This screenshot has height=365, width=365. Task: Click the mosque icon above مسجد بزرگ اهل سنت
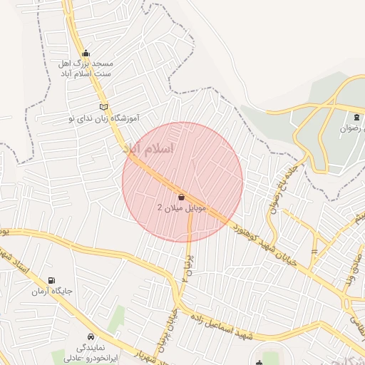click(x=86, y=52)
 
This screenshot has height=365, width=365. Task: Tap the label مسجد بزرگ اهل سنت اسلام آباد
click(x=86, y=68)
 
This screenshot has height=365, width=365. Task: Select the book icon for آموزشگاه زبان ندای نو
click(x=104, y=107)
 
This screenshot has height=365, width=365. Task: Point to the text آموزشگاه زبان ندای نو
click(x=103, y=117)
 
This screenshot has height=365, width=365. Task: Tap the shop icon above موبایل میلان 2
click(x=181, y=197)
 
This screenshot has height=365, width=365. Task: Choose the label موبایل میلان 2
click(x=181, y=207)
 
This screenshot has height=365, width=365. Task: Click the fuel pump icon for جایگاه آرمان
click(x=51, y=281)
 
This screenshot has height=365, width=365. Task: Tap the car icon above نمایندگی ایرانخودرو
click(x=91, y=336)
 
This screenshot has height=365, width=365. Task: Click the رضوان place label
click(x=350, y=128)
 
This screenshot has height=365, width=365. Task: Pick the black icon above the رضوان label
click(x=356, y=117)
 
